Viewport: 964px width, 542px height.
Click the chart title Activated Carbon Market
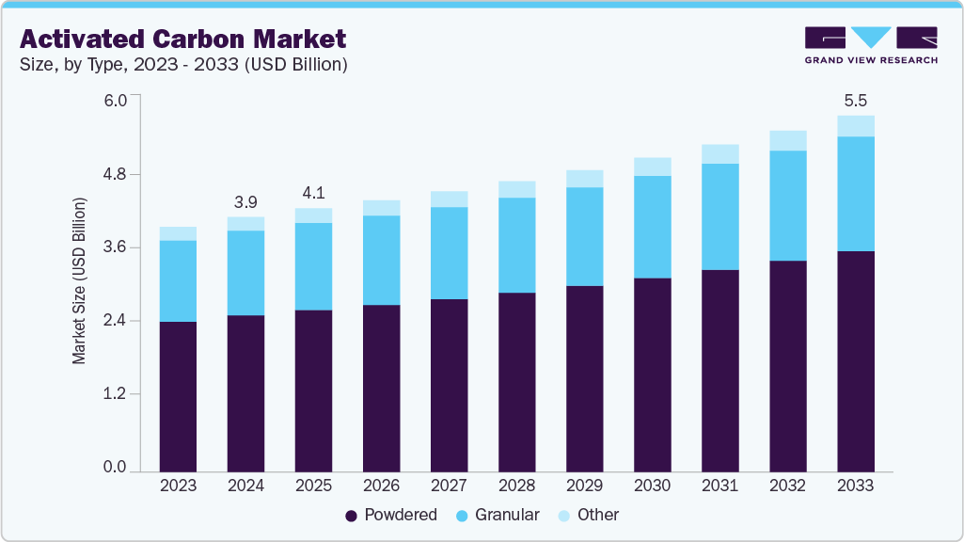[183, 39]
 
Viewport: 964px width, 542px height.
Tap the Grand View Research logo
[871, 45]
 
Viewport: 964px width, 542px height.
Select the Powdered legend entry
[391, 515]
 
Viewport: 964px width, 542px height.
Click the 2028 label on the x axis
[516, 486]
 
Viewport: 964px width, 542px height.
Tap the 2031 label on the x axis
[719, 486]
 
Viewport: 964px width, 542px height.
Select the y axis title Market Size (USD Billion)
[80, 281]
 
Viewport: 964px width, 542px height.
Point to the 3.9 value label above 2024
[245, 201]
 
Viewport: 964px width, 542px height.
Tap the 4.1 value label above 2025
[313, 193]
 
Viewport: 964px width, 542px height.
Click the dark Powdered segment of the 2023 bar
[178, 395]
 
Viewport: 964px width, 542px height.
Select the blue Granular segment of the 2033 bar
[855, 194]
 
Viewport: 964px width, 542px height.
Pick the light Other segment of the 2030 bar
[652, 167]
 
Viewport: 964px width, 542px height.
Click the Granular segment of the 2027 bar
[449, 253]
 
